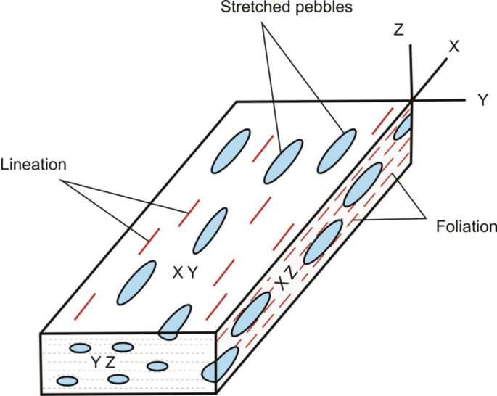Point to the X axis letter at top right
click(455, 46)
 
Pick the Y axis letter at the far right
click(482, 101)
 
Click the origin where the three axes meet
click(412, 100)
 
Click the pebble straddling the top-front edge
click(173, 323)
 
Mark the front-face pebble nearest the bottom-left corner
click(67, 381)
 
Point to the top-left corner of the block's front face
click(41, 334)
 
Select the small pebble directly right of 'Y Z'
click(157, 365)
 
